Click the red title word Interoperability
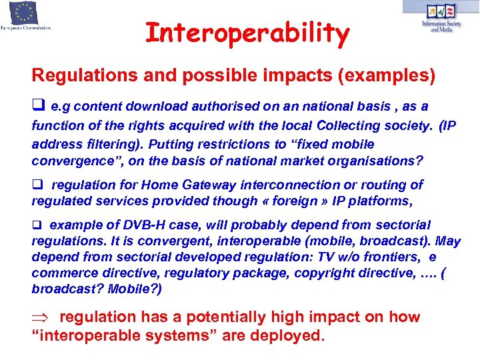[x=247, y=33]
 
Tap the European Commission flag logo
[x=25, y=13]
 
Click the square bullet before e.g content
[x=37, y=107]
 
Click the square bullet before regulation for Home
[x=37, y=185]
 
